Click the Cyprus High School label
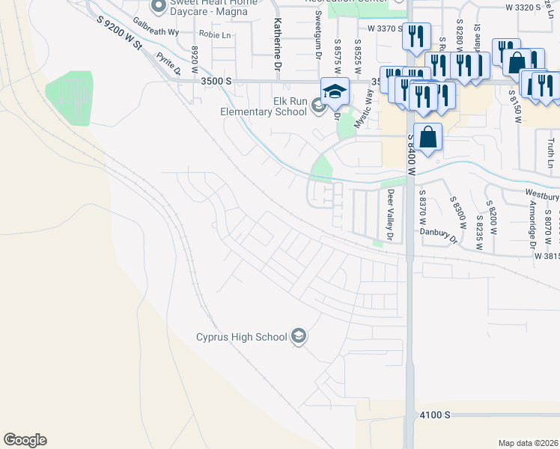(241, 337)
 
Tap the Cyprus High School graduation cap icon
(299, 336)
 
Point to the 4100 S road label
(435, 414)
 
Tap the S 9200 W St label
(120, 35)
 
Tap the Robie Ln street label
(215, 34)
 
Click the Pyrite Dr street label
(168, 64)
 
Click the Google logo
(25, 440)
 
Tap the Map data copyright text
(529, 443)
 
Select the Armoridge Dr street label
(532, 224)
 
